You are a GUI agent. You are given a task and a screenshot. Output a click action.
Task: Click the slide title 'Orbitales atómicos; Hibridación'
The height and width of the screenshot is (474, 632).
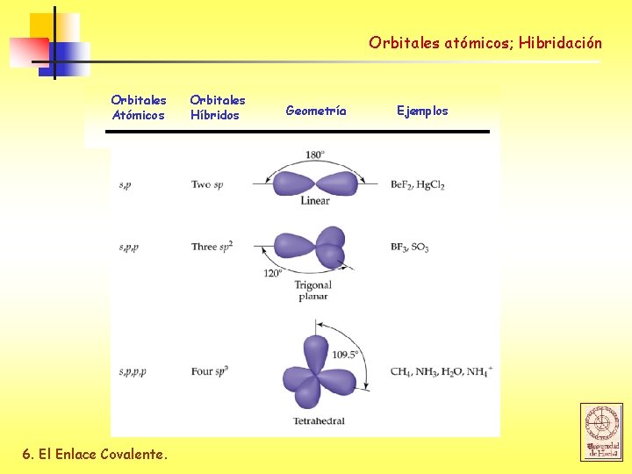click(485, 42)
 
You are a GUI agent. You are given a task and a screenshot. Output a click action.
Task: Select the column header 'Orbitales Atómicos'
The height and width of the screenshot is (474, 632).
click(138, 107)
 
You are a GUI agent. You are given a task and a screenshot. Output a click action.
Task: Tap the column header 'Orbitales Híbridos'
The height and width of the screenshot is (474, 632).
click(218, 107)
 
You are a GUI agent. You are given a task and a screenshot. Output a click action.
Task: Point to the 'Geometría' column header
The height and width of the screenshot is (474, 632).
click(316, 111)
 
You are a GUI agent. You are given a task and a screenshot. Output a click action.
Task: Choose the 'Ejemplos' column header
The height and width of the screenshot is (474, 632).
click(422, 111)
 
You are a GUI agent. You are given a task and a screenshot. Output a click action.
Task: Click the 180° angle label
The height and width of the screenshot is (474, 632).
click(315, 155)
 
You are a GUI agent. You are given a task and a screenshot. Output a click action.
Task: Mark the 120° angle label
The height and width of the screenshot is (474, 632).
click(273, 273)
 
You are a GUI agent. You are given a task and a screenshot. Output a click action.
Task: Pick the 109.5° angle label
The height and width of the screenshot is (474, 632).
click(345, 355)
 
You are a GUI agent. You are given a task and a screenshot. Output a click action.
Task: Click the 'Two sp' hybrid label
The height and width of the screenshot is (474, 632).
click(207, 185)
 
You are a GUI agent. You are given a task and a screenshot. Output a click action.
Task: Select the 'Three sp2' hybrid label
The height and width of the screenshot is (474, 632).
click(212, 247)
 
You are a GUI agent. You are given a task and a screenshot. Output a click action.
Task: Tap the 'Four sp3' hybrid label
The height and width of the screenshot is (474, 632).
click(210, 371)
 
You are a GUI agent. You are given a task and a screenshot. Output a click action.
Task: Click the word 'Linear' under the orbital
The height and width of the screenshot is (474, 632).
click(315, 201)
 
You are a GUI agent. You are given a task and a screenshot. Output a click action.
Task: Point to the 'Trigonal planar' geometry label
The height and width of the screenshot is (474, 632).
click(312, 291)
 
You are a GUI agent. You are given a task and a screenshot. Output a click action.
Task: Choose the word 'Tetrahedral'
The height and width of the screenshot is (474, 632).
click(319, 421)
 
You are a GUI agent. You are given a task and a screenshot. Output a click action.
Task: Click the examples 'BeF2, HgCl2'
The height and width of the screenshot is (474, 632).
click(418, 186)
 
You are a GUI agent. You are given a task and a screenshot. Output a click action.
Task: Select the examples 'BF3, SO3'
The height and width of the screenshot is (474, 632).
click(409, 248)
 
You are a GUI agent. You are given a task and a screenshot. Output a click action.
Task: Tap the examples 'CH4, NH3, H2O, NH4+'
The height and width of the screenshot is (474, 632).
click(442, 372)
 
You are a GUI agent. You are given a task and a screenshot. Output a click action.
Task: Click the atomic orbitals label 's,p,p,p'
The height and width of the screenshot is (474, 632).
click(133, 372)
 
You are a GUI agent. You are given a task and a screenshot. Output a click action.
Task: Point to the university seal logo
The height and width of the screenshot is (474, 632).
click(601, 432)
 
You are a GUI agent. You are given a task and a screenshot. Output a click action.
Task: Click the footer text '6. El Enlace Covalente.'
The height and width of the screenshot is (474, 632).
click(94, 454)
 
